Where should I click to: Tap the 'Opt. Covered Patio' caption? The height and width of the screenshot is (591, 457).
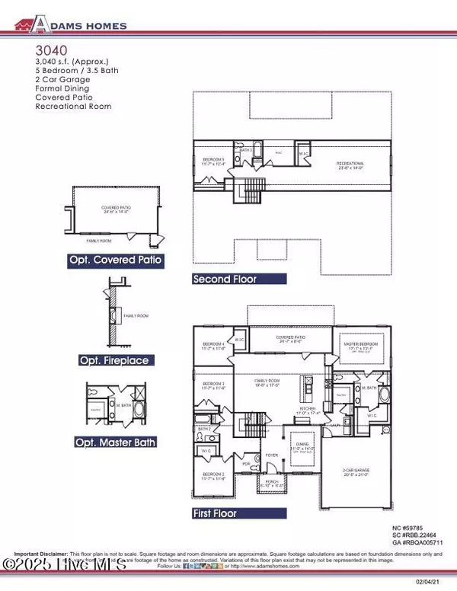[x=117, y=260]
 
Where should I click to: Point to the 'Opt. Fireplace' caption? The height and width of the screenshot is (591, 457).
[x=113, y=359]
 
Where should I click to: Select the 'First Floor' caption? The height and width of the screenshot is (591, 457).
[x=227, y=514]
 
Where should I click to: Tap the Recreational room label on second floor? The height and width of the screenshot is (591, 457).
[x=350, y=165]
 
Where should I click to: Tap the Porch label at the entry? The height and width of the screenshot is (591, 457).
[x=272, y=483]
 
